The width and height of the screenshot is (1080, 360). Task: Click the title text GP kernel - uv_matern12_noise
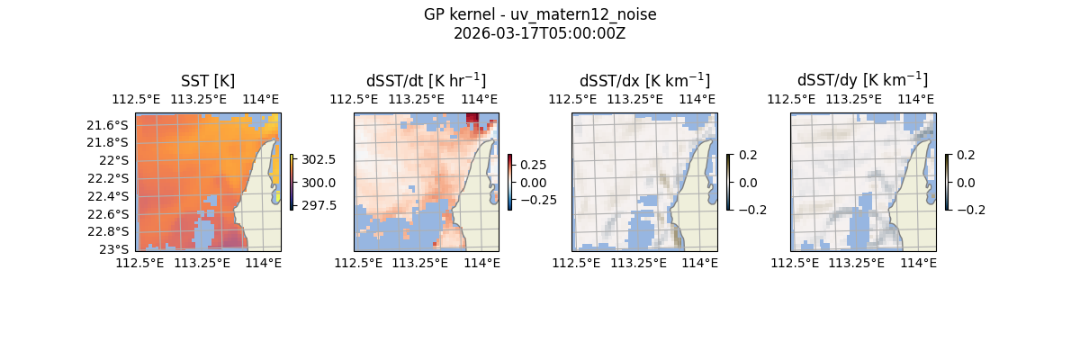pyautogui.click(x=540, y=14)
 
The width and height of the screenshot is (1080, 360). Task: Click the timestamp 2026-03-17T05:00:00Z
pyautogui.click(x=540, y=33)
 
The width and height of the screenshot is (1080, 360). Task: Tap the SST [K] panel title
pyautogui.click(x=208, y=80)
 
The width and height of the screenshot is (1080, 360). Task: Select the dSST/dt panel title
pyautogui.click(x=426, y=80)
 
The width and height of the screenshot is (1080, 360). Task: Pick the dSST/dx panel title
pyautogui.click(x=644, y=80)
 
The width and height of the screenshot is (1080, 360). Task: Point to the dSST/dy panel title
pyautogui.click(x=862, y=80)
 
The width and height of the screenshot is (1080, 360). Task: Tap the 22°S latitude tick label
pyautogui.click(x=115, y=160)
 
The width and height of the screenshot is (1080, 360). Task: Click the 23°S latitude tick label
pyautogui.click(x=115, y=249)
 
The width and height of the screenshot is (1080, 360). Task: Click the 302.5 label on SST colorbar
pyautogui.click(x=317, y=159)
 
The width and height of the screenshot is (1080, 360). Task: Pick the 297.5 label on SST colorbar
pyautogui.click(x=317, y=205)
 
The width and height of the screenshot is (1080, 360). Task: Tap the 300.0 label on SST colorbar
pyautogui.click(x=317, y=183)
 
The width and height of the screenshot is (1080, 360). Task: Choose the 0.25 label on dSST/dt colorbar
pyautogui.click(x=533, y=165)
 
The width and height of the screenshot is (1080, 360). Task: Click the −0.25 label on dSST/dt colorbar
pyautogui.click(x=536, y=200)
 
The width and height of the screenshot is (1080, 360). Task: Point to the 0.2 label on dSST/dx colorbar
pyautogui.click(x=748, y=155)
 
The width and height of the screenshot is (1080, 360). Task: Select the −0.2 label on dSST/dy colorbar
pyautogui.click(x=970, y=210)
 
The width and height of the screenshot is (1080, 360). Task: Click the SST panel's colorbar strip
pyautogui.click(x=292, y=182)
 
